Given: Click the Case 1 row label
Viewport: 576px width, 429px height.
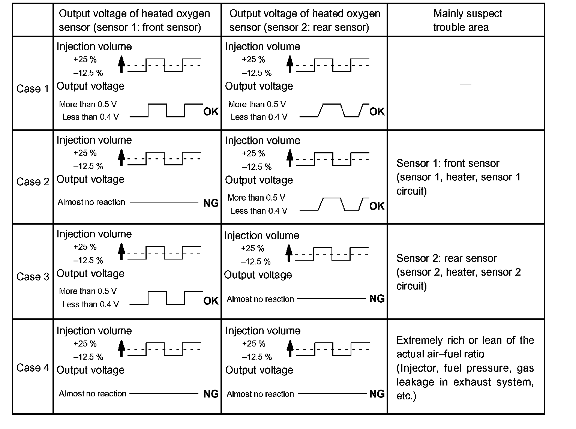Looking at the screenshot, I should click(x=33, y=89).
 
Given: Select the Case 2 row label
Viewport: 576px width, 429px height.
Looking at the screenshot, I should click(x=33, y=182).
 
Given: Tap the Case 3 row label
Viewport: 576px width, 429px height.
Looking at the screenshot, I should click(x=33, y=277).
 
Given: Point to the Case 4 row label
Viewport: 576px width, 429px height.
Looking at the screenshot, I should click(x=33, y=368).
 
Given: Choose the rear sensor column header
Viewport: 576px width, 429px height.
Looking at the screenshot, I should click(x=304, y=20).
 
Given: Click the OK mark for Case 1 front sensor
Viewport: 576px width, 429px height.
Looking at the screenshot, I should click(x=211, y=112).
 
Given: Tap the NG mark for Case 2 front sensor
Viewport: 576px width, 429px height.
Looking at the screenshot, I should click(x=211, y=203).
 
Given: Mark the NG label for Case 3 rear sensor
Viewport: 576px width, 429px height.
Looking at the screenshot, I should click(x=377, y=299).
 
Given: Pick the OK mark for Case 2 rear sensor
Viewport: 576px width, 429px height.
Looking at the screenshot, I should click(x=377, y=206).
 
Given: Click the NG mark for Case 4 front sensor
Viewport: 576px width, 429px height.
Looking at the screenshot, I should click(x=211, y=394).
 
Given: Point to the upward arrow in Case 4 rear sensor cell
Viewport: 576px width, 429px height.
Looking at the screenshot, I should click(x=289, y=348).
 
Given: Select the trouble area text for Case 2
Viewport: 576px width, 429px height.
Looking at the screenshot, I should click(x=458, y=177).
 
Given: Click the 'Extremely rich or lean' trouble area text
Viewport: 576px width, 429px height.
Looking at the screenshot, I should click(x=465, y=368).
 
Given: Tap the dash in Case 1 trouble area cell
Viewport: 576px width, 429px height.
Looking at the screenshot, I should click(x=465, y=84).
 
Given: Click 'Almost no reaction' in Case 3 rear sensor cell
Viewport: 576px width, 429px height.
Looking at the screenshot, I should click(x=260, y=299).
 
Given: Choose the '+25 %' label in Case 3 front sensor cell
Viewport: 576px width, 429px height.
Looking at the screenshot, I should click(x=85, y=247).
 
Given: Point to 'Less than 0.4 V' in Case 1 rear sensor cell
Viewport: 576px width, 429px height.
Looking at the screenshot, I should click(x=259, y=117).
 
